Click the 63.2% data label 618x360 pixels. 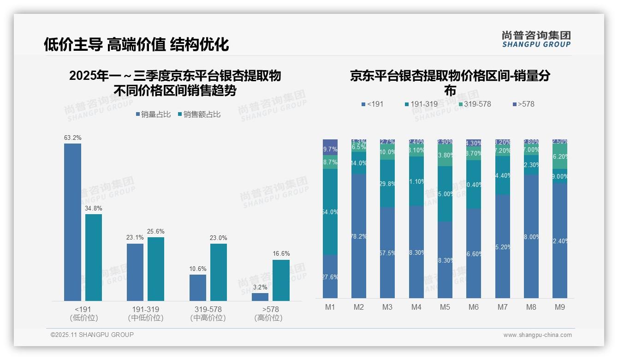pyautogui.click(x=72, y=138)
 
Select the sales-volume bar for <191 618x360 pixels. pyautogui.click(x=72, y=222)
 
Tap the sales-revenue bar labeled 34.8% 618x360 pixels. pyautogui.click(x=94, y=257)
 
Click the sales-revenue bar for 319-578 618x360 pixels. pyautogui.click(x=219, y=272)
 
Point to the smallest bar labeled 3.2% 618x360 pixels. pyautogui.click(x=260, y=297)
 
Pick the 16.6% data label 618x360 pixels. pyautogui.click(x=281, y=254)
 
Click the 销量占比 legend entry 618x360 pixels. pyautogui.click(x=153, y=114)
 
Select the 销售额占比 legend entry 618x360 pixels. pyautogui.click(x=199, y=114)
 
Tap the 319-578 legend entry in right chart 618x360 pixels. pyautogui.click(x=474, y=104)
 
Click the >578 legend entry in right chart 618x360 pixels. pyautogui.click(x=523, y=104)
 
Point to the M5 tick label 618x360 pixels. pyautogui.click(x=445, y=307)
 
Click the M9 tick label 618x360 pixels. pyautogui.click(x=559, y=307)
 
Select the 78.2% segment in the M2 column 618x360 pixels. pyautogui.click(x=359, y=236)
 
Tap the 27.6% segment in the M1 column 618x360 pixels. pyautogui.click(x=330, y=276)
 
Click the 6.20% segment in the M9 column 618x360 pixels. pyautogui.click(x=559, y=156)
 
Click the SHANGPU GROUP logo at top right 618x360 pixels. pyautogui.click(x=536, y=39)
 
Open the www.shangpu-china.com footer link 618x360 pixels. pyautogui.click(x=537, y=335)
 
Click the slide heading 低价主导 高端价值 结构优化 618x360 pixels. pyautogui.click(x=136, y=44)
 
